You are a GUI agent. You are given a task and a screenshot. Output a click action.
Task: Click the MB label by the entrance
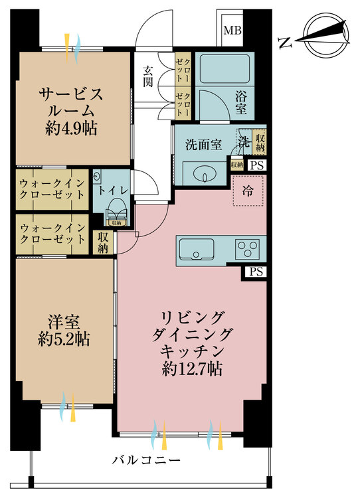[x=232, y=30]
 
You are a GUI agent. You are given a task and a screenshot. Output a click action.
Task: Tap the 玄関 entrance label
[x=147, y=76]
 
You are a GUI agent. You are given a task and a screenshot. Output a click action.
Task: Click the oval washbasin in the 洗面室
[x=204, y=175]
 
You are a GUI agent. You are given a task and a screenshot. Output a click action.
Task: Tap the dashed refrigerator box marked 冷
[x=248, y=191]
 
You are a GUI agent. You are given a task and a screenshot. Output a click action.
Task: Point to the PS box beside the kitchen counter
[x=256, y=272]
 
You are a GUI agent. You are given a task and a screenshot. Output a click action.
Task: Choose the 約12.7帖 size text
[x=191, y=368]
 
